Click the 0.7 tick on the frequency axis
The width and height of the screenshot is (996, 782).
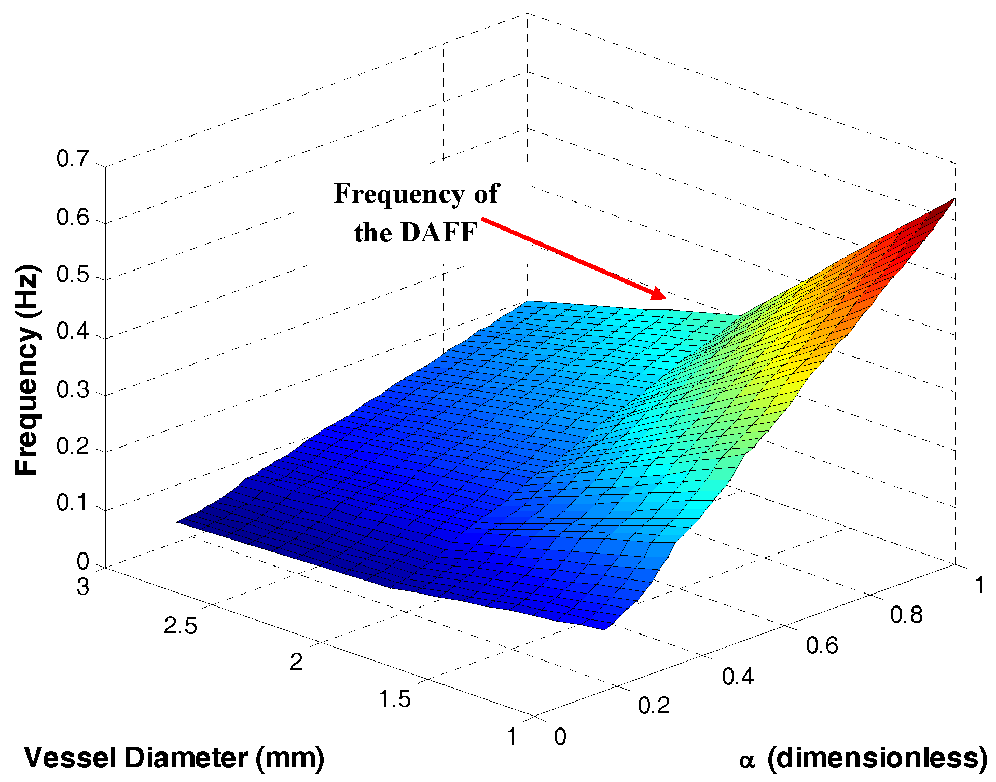point(72,159)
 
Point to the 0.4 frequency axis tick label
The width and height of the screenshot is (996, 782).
point(72,331)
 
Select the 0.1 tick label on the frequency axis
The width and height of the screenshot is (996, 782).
point(72,503)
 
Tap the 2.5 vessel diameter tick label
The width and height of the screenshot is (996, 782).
point(181,626)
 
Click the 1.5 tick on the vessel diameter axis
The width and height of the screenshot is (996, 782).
point(394,699)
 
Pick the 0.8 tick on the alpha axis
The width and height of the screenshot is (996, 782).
point(906,615)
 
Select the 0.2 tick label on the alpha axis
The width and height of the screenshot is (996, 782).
point(654,706)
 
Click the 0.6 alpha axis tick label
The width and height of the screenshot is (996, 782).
point(822,645)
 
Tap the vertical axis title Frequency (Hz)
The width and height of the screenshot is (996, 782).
point(26,370)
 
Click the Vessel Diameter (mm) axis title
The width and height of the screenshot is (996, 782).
point(174,758)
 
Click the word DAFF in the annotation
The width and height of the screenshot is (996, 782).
point(438,232)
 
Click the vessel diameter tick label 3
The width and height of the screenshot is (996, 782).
point(83,587)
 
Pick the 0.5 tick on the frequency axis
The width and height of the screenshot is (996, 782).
point(72,274)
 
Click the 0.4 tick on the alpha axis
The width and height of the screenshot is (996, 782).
point(738,676)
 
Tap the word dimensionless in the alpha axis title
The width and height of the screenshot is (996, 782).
point(877,758)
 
